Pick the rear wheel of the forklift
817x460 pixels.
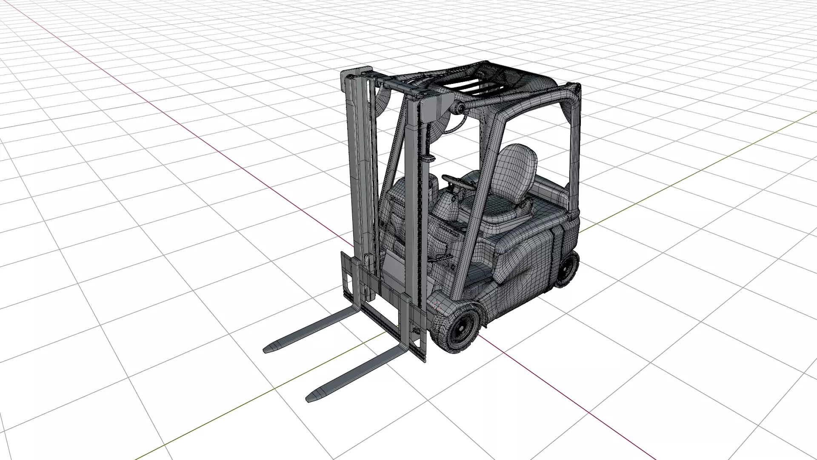[x=568, y=268]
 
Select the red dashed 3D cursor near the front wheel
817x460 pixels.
[x=437, y=305]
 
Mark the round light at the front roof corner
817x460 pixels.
[x=458, y=108]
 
